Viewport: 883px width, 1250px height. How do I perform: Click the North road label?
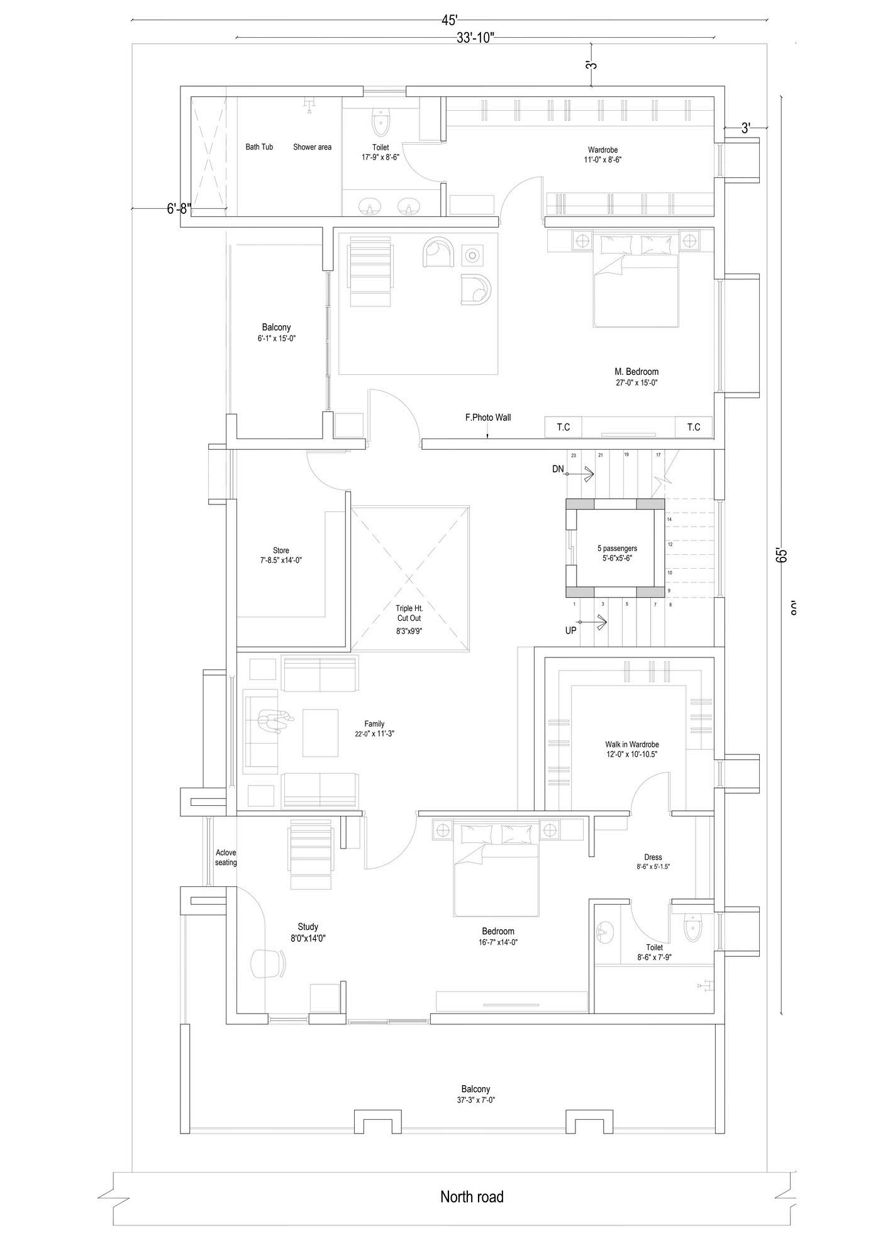(472, 1197)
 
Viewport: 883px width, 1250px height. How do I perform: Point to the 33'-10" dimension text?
(475, 38)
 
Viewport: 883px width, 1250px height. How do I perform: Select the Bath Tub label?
(259, 147)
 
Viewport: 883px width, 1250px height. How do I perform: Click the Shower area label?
(312, 147)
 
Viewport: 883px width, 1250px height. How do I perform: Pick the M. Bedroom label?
(636, 372)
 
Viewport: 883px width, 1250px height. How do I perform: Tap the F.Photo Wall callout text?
(487, 417)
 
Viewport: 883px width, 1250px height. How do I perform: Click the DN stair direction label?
(558, 469)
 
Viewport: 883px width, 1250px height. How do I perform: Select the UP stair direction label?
(570, 630)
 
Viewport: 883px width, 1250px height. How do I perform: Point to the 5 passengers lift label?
(617, 549)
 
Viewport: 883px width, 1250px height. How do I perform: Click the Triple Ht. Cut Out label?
(409, 613)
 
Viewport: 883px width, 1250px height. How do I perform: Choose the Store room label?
(281, 550)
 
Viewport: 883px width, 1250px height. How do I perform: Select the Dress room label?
(653, 857)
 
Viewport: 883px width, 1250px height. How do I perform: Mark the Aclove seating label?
(226, 857)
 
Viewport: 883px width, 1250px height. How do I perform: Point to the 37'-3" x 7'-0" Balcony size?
(475, 1100)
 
